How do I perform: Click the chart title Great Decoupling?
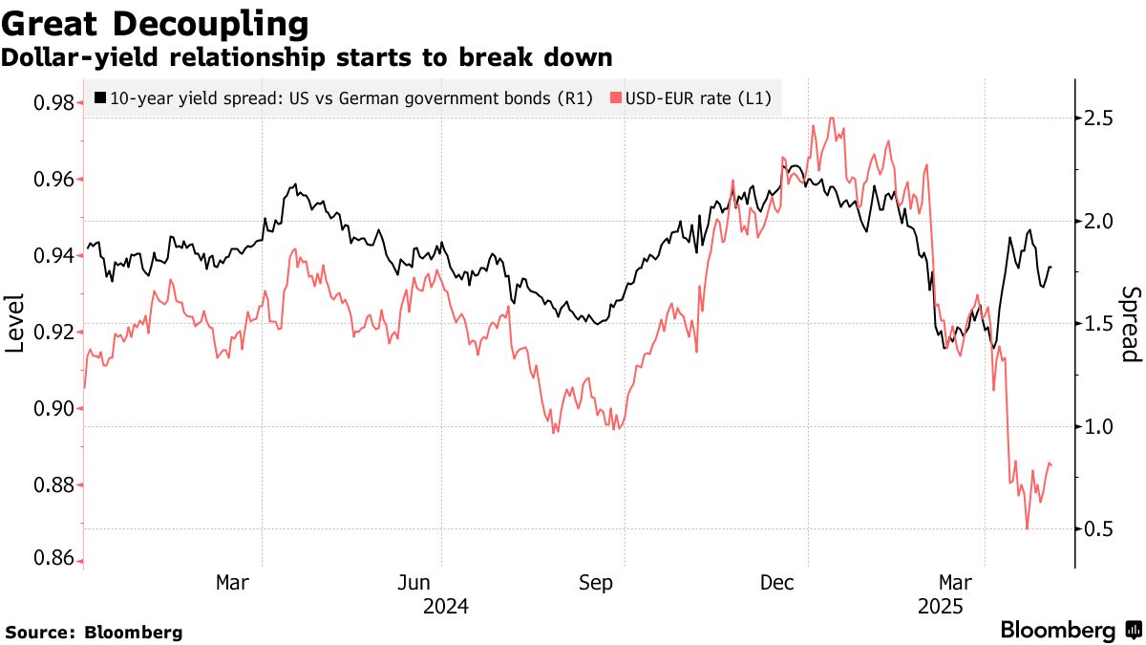tap(155, 22)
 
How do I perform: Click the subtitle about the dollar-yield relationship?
tap(307, 57)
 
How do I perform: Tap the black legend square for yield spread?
tap(101, 97)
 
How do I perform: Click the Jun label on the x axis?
tap(414, 582)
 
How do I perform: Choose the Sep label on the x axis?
tap(597, 582)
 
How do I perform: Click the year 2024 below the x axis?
tap(444, 606)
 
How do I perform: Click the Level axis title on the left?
tap(15, 322)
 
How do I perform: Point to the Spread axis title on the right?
tap(1131, 324)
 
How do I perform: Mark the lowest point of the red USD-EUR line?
tap(1028, 528)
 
